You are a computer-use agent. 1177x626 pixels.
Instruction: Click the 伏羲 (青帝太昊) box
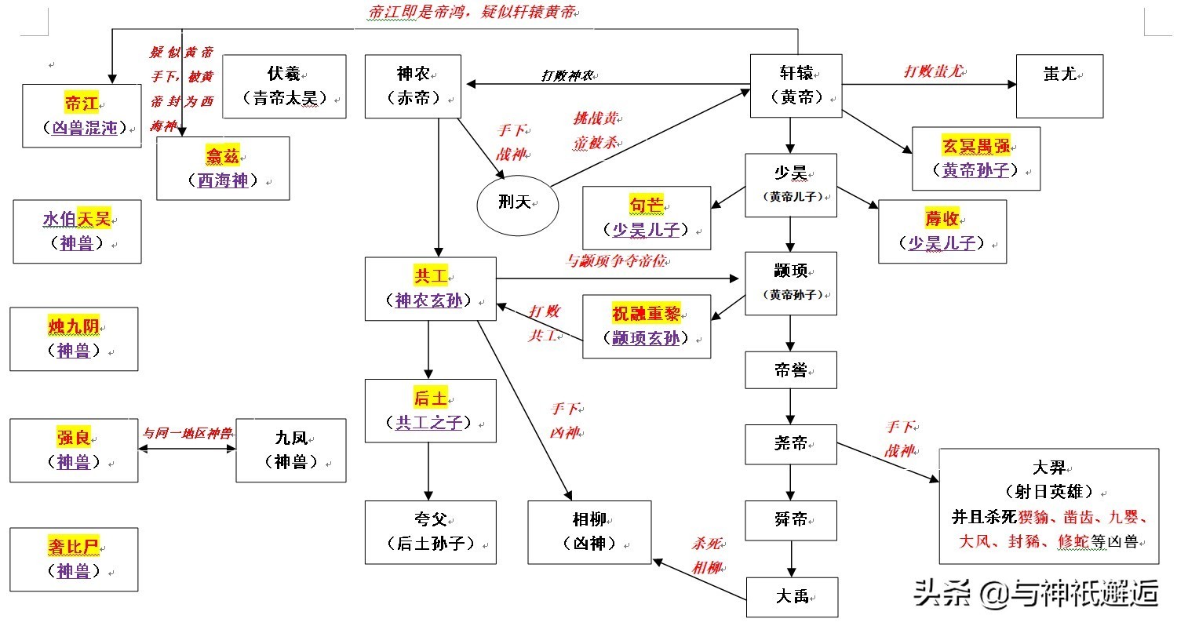pos(284,86)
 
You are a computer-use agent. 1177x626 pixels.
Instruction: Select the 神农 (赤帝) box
pos(412,86)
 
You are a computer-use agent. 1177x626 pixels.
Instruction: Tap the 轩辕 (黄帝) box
pos(796,86)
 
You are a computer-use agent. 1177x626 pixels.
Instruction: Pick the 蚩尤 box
pos(1059,86)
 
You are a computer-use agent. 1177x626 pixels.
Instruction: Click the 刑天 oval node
pos(517,203)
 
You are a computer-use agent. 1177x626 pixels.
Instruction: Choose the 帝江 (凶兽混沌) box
pos(82,115)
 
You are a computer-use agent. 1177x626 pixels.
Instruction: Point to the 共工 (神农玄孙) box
pos(430,288)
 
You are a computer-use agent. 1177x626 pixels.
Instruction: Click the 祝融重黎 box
pos(647,326)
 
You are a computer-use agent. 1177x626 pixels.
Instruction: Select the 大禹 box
pos(792,598)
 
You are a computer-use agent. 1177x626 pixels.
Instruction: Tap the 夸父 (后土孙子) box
pos(430,532)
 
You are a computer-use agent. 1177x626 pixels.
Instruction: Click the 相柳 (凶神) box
pos(589,532)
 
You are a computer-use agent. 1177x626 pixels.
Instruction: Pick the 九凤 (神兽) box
pos(290,449)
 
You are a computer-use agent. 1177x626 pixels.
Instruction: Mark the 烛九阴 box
pos(74,339)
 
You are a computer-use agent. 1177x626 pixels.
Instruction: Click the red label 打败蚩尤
pos(934,72)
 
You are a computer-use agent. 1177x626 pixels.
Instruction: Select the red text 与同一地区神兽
pos(187,432)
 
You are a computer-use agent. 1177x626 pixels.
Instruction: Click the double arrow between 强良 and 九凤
pos(187,449)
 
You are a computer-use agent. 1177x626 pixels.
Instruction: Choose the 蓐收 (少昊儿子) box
pos(942,231)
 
